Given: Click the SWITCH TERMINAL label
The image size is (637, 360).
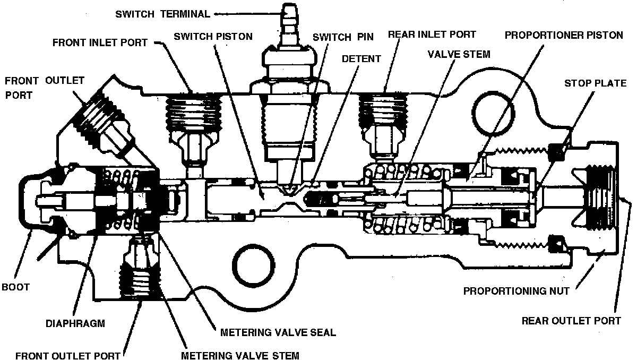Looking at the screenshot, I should (162, 14).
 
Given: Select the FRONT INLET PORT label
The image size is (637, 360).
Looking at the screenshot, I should (100, 42).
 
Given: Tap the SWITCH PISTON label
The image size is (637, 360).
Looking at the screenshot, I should (213, 37).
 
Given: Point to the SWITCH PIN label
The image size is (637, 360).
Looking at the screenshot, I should (343, 37).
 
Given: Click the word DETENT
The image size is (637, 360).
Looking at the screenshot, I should (361, 58).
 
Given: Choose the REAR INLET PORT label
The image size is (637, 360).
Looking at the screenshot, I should (432, 35).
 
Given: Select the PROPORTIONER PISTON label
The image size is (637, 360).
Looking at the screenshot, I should (564, 36).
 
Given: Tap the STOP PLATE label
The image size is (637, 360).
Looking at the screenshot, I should (595, 83).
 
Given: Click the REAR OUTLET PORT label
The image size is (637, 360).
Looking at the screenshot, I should (571, 321).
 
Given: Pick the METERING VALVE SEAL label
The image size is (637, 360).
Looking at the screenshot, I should (278, 333).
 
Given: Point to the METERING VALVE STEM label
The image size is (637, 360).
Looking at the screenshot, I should (240, 355).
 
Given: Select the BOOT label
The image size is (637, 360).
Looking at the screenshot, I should (15, 287).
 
